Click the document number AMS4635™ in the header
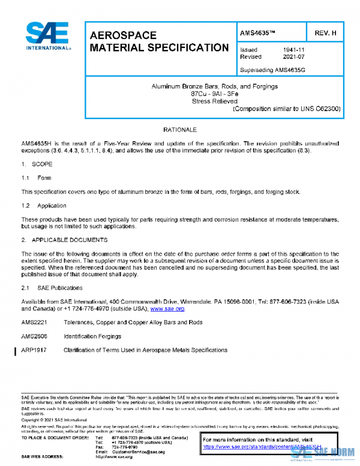coord(260,32)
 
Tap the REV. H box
coord(325,32)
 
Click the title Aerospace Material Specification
coord(158,41)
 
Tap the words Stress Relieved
coord(214,101)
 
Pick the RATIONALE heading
coord(180,130)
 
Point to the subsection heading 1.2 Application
coord(46,206)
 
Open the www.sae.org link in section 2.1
coord(167,309)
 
